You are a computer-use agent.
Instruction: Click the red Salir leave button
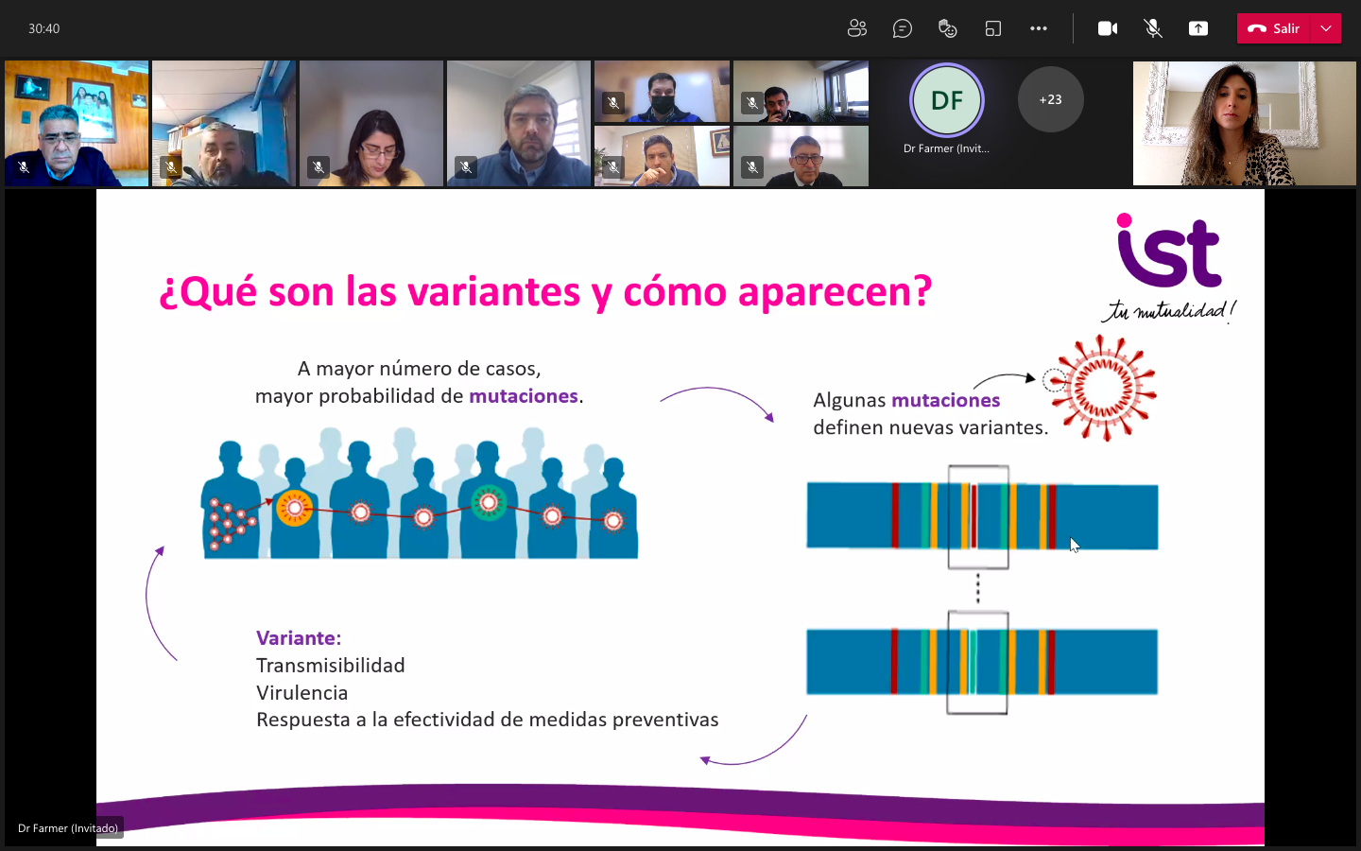pos(1273,28)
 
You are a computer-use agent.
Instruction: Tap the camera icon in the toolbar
pos(1108,28)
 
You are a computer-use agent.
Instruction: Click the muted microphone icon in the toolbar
pos(1153,28)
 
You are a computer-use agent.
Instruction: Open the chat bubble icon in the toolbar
pos(903,28)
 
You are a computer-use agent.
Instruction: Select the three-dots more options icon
pos(1039,28)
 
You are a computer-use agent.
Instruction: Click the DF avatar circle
pos(947,100)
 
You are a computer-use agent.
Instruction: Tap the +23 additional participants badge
pos(1051,99)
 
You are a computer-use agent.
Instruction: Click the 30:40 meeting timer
pos(43,28)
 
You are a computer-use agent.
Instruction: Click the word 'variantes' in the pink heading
pos(493,292)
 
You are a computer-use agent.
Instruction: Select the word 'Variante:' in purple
pos(299,638)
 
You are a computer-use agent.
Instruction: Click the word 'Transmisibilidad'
pos(330,666)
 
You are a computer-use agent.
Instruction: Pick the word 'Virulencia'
pos(302,693)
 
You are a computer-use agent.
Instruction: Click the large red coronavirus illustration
pos(1103,388)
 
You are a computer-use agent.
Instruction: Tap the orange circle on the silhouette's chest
pos(295,508)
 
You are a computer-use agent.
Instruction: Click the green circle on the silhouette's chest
pos(489,503)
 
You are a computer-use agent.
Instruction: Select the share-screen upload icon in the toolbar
pos(1198,28)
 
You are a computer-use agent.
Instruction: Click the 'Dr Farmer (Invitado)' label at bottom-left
pos(68,828)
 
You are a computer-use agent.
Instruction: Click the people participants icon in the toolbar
pos(856,28)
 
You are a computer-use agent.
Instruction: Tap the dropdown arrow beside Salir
pos(1326,28)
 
